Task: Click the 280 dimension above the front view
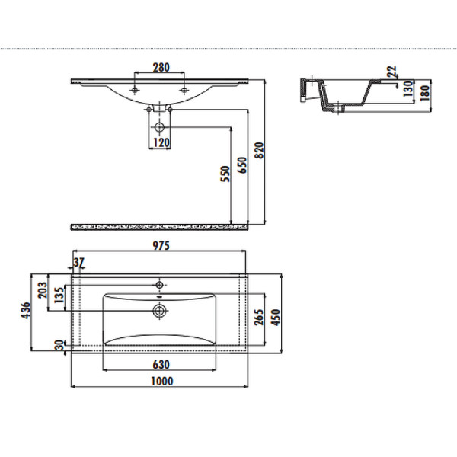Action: click(x=161, y=67)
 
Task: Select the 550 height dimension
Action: click(x=225, y=174)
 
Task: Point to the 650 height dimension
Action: click(x=242, y=165)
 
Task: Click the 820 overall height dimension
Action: click(x=259, y=150)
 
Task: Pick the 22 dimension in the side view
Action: click(x=392, y=72)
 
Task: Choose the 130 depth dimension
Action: click(x=409, y=88)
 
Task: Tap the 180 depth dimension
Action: click(x=426, y=93)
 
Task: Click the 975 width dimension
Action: click(x=161, y=246)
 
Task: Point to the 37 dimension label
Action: click(x=78, y=263)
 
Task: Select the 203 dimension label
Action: click(x=43, y=290)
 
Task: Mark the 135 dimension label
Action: click(x=59, y=296)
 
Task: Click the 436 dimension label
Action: click(x=26, y=311)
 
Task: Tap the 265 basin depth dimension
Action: click(x=258, y=318)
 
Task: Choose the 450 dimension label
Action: click(x=276, y=318)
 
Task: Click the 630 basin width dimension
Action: click(x=161, y=365)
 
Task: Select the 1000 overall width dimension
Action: click(x=162, y=382)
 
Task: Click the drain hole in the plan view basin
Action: click(x=159, y=311)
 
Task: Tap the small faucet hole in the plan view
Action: click(x=159, y=285)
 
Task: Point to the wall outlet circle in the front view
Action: click(x=159, y=127)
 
